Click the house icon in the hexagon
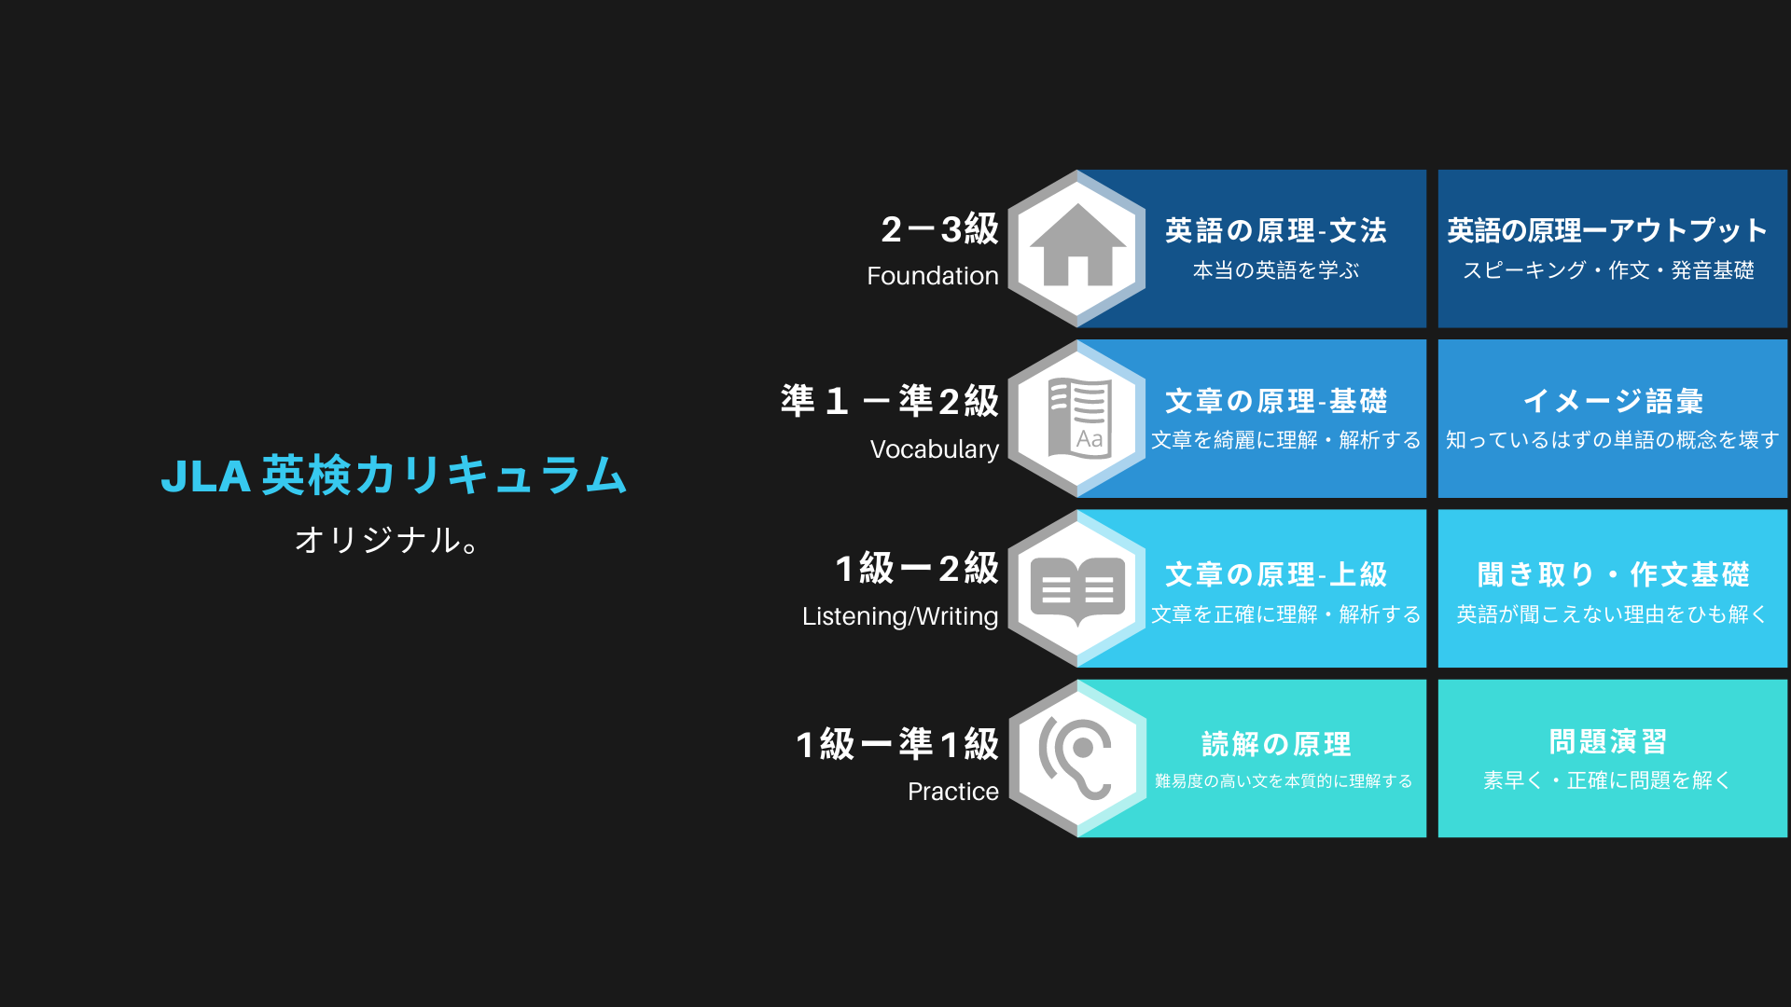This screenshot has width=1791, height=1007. (x=1077, y=245)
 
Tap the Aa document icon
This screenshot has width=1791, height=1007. (x=1079, y=419)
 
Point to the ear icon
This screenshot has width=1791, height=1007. (x=1076, y=758)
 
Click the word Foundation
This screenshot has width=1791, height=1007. (x=933, y=276)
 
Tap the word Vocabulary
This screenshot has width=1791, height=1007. (x=935, y=449)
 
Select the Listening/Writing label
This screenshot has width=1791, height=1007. (x=900, y=616)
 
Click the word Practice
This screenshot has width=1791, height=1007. (x=953, y=792)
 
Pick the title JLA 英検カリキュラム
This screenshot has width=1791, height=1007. (x=394, y=476)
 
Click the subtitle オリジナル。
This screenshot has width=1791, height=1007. (x=387, y=540)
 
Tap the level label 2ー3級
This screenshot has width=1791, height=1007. (x=940, y=229)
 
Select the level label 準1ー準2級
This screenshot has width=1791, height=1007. (x=890, y=401)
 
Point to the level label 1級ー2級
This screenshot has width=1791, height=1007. (x=917, y=569)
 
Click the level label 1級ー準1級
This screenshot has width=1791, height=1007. (x=897, y=744)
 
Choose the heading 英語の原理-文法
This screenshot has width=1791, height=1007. (x=1276, y=230)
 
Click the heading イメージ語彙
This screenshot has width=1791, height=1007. (x=1613, y=401)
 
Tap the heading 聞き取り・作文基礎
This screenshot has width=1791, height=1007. (x=1613, y=574)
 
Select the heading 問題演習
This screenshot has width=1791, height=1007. (x=1608, y=742)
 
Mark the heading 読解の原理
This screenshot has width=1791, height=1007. (x=1276, y=744)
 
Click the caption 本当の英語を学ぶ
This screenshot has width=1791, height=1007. (x=1276, y=270)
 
